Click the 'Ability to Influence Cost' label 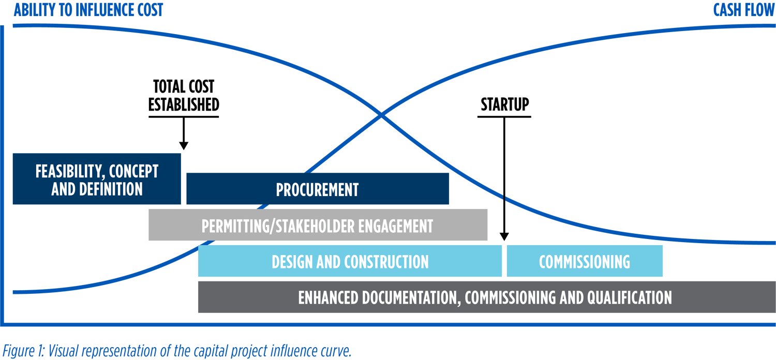point(88,10)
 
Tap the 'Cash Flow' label point(743,10)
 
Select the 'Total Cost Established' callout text point(184,96)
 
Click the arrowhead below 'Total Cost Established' point(183,146)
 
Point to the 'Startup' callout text point(504,104)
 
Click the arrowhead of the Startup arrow point(504,236)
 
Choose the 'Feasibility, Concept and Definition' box point(97,179)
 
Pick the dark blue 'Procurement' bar point(317,189)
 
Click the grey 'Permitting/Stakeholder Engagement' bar point(317,226)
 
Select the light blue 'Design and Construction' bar point(350,261)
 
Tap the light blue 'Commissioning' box point(584,261)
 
